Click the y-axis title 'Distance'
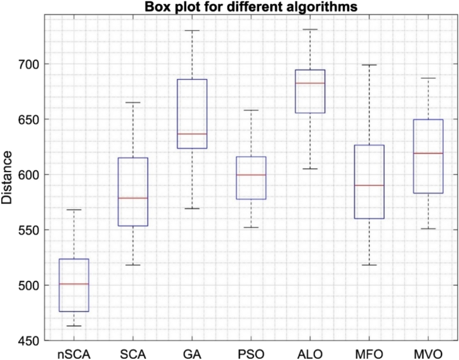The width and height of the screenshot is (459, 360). click(7, 178)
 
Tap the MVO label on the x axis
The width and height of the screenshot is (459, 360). click(428, 351)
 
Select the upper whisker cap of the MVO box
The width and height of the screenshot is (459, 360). click(428, 78)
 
